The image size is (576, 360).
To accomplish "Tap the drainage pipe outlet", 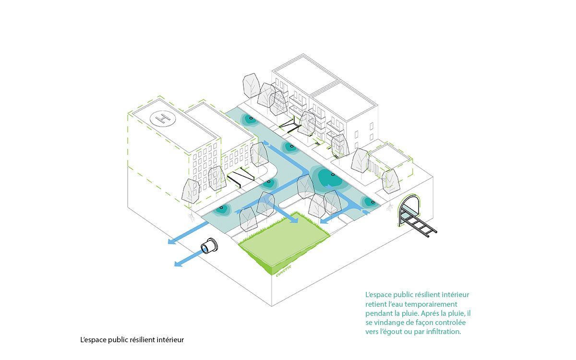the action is [209, 246].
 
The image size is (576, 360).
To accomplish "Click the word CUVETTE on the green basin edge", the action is [283, 271].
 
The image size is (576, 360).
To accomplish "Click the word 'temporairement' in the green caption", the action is [431, 304].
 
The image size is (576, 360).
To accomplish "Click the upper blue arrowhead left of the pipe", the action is [172, 241].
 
